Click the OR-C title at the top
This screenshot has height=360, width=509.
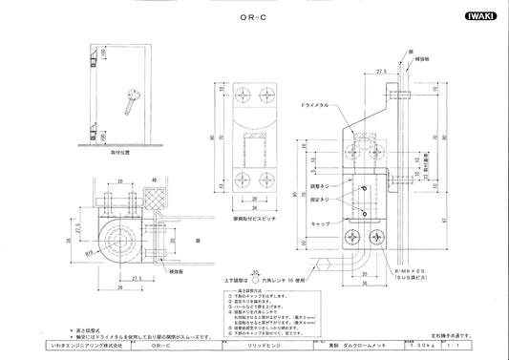pyautogui.click(x=253, y=16)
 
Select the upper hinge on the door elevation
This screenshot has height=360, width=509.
pyautogui.click(x=93, y=60)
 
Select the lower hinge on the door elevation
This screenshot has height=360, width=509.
pyautogui.click(x=93, y=125)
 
